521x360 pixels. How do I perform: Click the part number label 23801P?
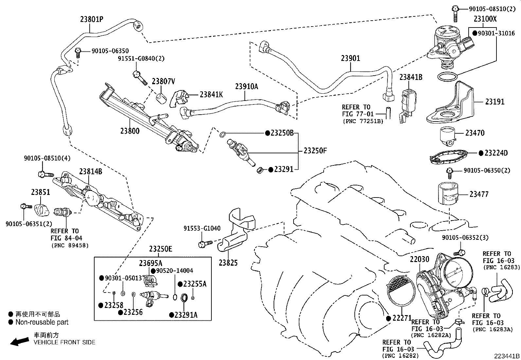(91, 19)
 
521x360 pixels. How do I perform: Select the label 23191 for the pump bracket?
(494, 102)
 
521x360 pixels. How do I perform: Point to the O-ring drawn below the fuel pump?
(447, 77)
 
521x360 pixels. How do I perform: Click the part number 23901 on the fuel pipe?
(350, 58)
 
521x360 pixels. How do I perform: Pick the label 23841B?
(411, 77)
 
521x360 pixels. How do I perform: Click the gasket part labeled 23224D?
(452, 155)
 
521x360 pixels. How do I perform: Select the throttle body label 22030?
(419, 259)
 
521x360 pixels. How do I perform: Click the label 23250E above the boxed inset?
(160, 249)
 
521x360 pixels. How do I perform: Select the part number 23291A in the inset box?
(186, 315)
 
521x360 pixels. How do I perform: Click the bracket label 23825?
(228, 262)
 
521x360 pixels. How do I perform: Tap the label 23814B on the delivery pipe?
(90, 172)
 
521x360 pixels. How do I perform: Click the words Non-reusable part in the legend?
(42, 322)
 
